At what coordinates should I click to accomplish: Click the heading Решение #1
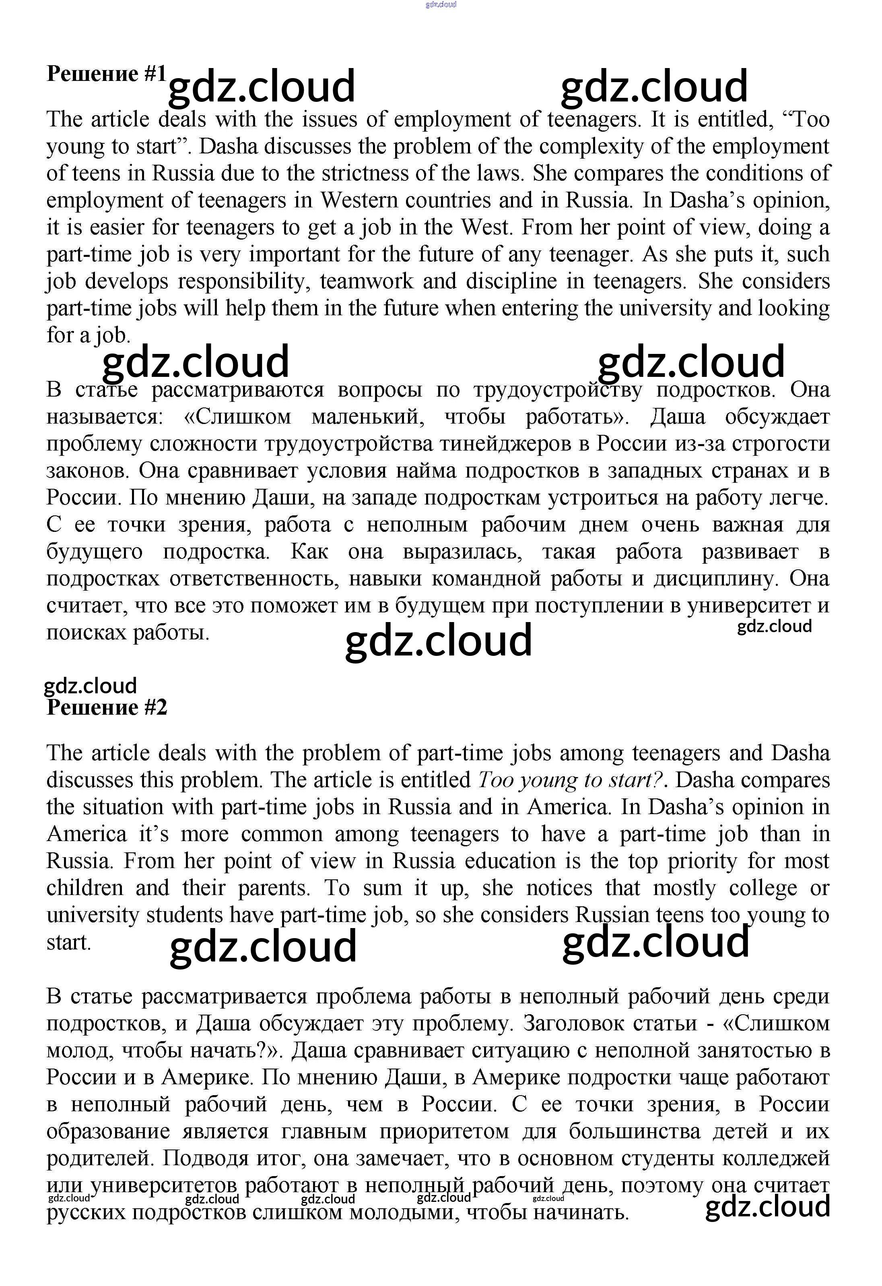click(106, 74)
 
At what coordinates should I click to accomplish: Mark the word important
click(295, 254)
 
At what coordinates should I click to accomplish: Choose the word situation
click(123, 807)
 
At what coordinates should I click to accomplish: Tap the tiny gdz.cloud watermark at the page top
click(441, 5)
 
